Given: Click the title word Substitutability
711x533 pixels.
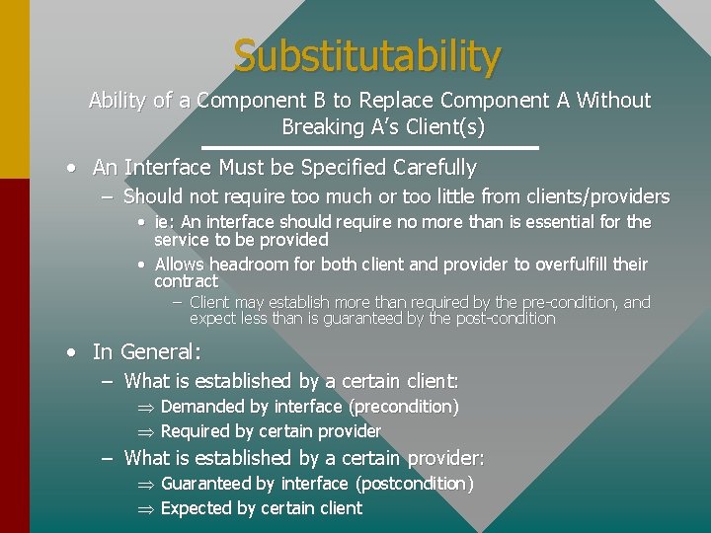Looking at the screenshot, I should pyautogui.click(x=367, y=56).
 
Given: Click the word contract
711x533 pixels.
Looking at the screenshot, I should pyautogui.click(x=186, y=281).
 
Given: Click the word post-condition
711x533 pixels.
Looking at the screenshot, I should pyautogui.click(x=505, y=319).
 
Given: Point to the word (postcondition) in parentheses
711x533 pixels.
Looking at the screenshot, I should pyautogui.click(x=414, y=484).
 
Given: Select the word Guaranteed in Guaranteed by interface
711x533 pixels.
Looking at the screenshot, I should pyautogui.click(x=205, y=484).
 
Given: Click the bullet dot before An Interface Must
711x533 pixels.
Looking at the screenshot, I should pyautogui.click(x=72, y=169).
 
